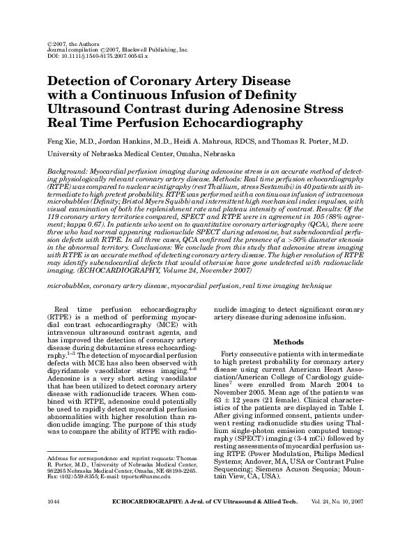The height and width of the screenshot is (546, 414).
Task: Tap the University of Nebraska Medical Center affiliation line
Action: click(x=141, y=153)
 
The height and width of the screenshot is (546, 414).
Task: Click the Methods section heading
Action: click(x=288, y=343)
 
